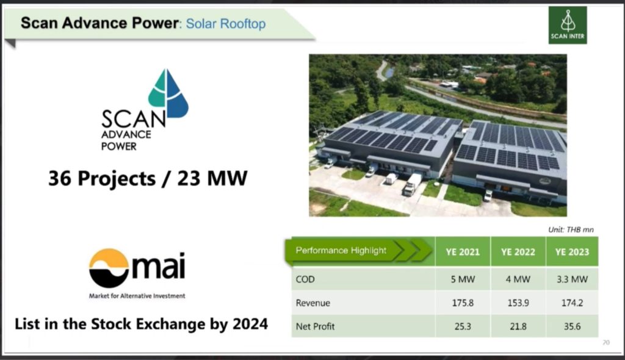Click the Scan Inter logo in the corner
(x=568, y=25)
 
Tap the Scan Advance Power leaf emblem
(x=168, y=94)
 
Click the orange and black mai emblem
(x=109, y=268)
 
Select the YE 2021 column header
(x=463, y=252)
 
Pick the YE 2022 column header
(x=518, y=252)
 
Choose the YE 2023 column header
(x=572, y=252)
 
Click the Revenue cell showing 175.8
(x=463, y=303)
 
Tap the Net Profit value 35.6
(x=572, y=326)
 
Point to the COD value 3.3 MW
(x=572, y=279)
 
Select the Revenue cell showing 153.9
(x=518, y=303)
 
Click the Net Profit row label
(x=315, y=326)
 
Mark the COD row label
(x=305, y=279)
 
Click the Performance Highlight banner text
(x=341, y=250)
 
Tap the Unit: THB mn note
(x=571, y=229)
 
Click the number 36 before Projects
(x=60, y=178)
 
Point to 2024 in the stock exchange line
(x=250, y=324)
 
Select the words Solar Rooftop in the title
(x=226, y=24)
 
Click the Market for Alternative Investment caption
(x=137, y=296)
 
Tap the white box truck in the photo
(x=412, y=184)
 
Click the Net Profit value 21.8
(x=518, y=326)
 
